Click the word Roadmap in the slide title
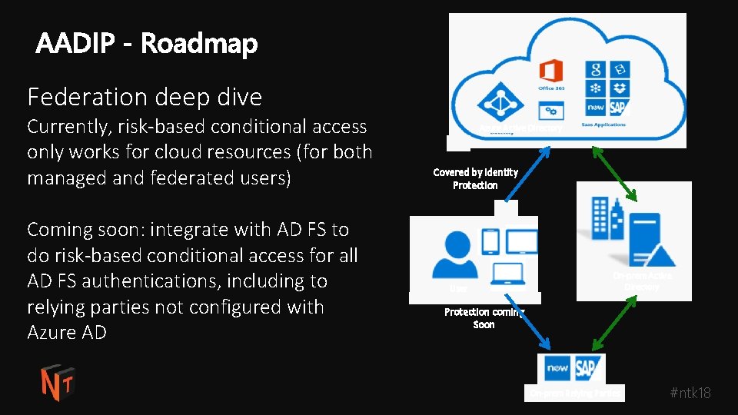(198, 44)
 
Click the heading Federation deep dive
(145, 98)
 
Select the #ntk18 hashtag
(690, 393)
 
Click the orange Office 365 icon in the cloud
(550, 71)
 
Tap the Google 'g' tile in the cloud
(594, 69)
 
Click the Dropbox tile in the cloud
(620, 88)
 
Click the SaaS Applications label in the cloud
(604, 124)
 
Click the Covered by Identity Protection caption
(475, 179)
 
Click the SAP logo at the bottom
(589, 368)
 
